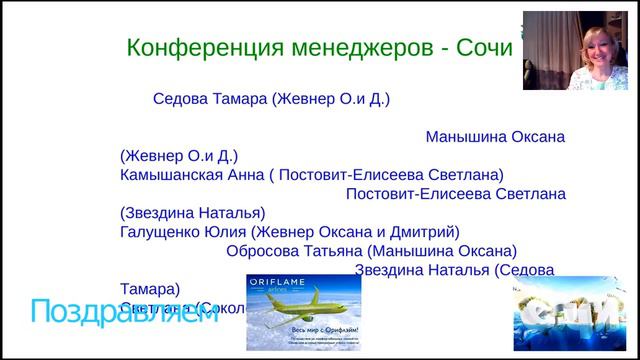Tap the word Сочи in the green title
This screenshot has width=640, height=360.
[484, 47]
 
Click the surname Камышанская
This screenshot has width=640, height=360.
[174, 173]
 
